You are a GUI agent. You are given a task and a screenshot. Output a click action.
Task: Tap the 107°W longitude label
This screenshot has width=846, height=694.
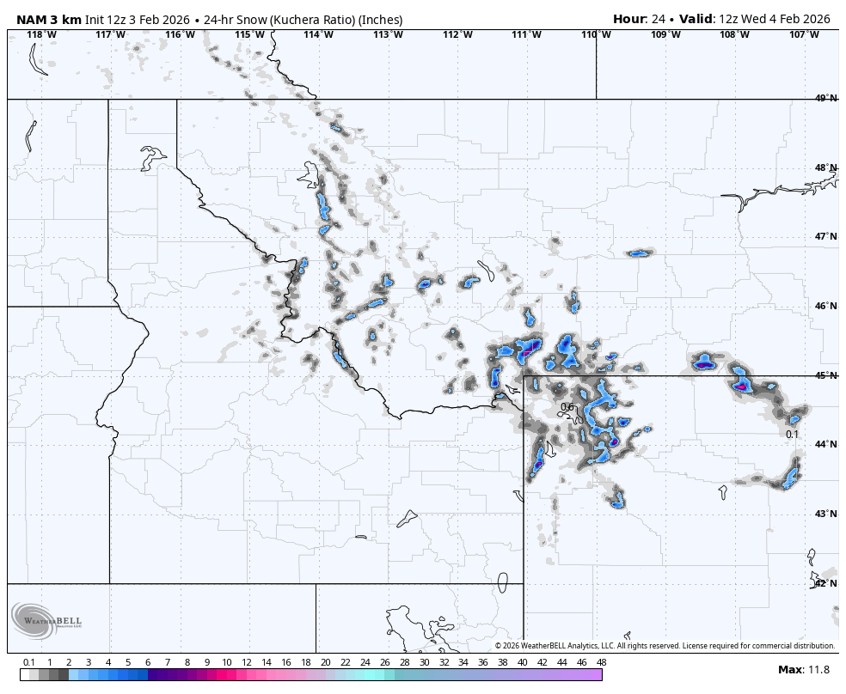(804, 34)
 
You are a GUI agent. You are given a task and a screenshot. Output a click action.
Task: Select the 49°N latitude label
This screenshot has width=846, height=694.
(825, 99)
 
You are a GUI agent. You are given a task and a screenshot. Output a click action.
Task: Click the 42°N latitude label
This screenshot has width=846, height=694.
(825, 583)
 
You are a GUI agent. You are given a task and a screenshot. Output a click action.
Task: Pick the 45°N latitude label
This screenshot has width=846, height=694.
(825, 375)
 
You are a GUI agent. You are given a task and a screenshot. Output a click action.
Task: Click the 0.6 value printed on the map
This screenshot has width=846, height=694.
(567, 407)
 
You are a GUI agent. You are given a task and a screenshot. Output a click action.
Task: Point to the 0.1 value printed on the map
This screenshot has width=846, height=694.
(792, 435)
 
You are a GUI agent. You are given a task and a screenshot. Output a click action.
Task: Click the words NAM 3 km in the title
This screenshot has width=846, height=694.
(48, 19)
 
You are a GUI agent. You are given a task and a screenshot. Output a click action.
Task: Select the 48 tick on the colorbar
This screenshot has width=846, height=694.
(601, 662)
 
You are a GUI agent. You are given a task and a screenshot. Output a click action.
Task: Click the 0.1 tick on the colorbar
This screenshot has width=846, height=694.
(28, 662)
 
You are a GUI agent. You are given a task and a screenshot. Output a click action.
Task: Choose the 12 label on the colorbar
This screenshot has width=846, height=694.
(247, 662)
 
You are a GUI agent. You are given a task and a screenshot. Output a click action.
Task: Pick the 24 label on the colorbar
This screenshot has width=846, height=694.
(365, 662)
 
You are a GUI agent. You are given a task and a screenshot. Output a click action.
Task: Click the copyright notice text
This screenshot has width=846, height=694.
(665, 646)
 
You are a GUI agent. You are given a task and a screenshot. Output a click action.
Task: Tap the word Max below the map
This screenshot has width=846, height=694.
(789, 670)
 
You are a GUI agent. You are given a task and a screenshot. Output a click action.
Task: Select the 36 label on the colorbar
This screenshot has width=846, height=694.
(483, 662)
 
